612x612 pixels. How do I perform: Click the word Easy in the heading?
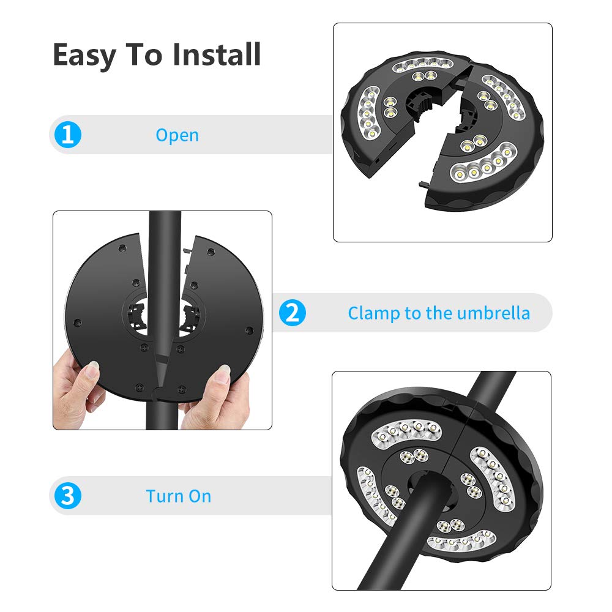84,55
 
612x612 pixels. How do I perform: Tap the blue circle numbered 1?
68,135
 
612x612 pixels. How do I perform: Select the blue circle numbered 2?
292,313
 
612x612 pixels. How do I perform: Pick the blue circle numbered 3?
68,496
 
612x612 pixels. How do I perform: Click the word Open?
177,135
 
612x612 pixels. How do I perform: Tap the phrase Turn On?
178,496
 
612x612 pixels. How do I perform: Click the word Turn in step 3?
165,496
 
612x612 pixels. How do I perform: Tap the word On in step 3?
200,496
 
